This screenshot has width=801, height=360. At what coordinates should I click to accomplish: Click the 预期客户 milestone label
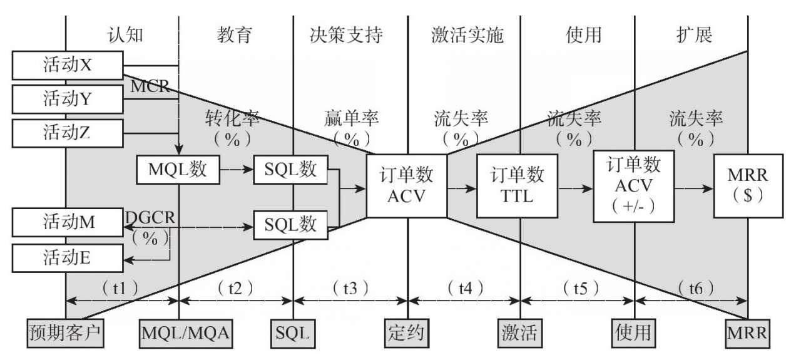(66, 332)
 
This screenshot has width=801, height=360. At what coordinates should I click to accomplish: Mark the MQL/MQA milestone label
(179, 332)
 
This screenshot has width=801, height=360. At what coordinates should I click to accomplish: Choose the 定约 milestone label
(407, 332)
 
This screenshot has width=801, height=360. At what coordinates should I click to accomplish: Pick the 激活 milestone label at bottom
(521, 332)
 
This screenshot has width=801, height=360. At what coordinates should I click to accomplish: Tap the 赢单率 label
(351, 118)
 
